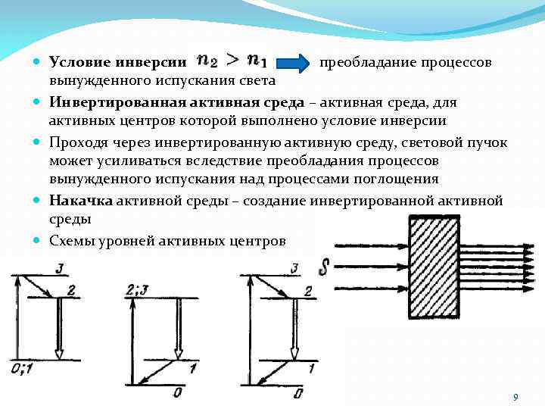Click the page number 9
pos(515,398)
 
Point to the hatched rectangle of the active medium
pos(434,267)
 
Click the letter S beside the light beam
pos(325,267)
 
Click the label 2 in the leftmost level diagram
pos(71,291)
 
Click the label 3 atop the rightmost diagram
pos(294,268)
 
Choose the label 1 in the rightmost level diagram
pos(311,368)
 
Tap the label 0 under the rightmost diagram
pos(297,393)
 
